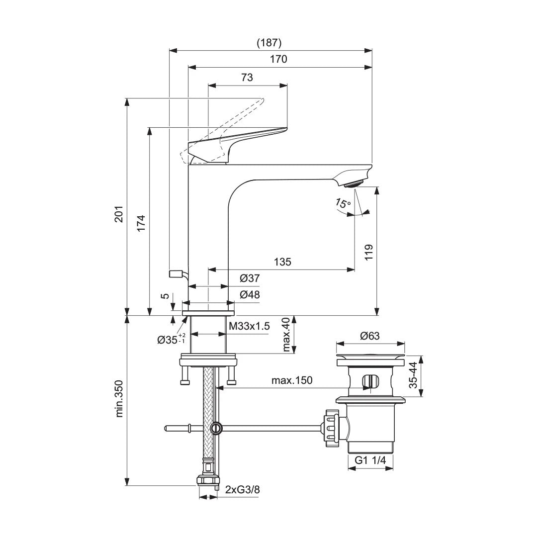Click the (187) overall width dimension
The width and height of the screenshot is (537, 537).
click(269, 43)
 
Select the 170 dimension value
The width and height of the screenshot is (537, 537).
click(279, 59)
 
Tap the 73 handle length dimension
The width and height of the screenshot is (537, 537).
click(247, 77)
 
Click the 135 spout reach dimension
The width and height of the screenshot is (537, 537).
click(281, 262)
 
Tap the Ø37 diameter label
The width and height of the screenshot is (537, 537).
click(250, 278)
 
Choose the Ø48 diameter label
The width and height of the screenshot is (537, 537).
click(250, 294)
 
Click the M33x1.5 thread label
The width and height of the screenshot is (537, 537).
click(249, 326)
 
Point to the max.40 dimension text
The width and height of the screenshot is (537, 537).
click(285, 335)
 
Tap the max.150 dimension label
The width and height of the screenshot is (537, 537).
click(292, 380)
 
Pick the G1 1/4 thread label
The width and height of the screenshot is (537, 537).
click(370, 461)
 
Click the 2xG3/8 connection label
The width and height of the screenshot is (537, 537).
click(242, 489)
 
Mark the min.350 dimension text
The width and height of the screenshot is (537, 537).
click(119, 399)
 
